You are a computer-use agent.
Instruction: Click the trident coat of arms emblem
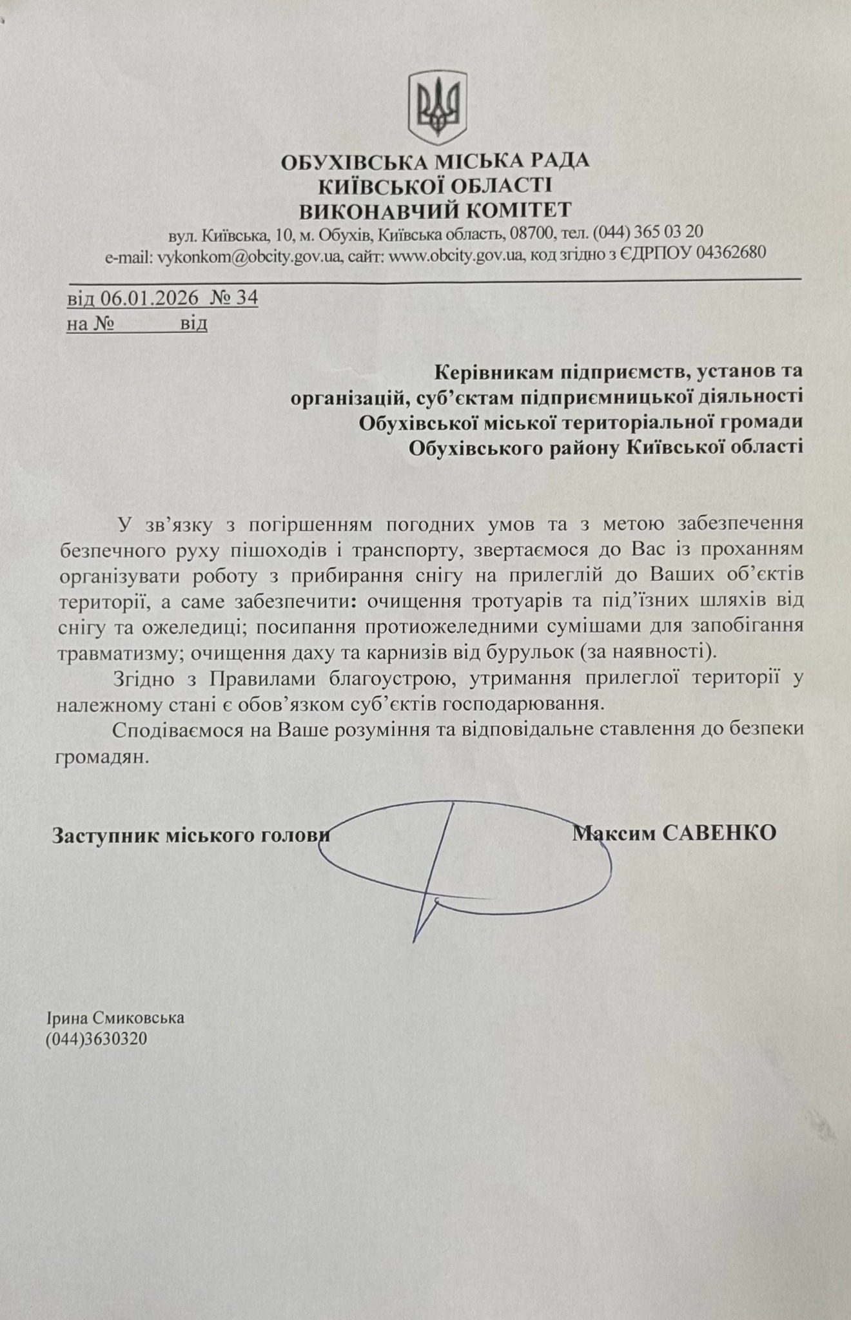point(436,108)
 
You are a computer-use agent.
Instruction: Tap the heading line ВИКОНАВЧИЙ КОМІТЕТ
point(435,210)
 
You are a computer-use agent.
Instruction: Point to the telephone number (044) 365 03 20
point(647,232)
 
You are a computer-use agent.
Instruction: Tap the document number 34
point(247,298)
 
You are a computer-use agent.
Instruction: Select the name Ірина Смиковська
point(115,1018)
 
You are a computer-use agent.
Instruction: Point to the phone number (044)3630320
point(96,1039)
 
